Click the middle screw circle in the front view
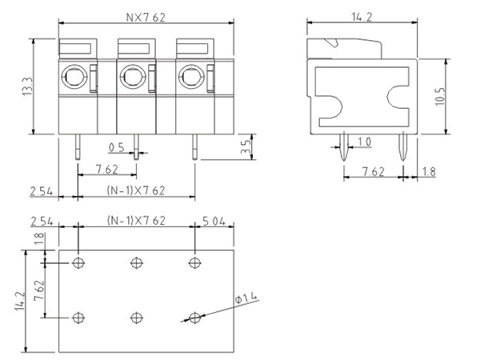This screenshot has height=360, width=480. tap(131, 78)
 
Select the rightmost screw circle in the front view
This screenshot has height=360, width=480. tap(190, 78)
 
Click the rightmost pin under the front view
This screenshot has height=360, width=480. tap(194, 146)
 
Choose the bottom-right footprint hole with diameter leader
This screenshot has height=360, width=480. tap(194, 318)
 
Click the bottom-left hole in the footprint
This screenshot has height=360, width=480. tap(78, 318)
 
